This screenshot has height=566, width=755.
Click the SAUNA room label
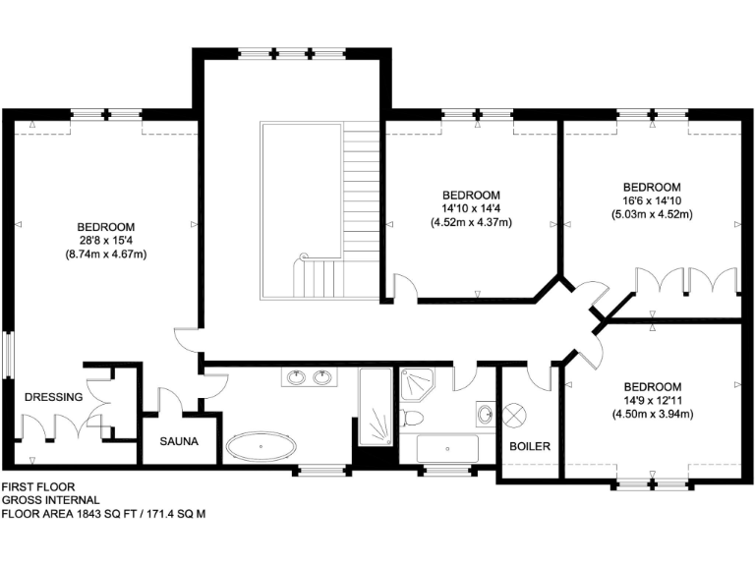pos(180,442)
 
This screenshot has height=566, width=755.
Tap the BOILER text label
pos(530,447)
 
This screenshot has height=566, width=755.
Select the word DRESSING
pos(53,397)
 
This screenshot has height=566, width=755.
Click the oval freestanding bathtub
pos(261,447)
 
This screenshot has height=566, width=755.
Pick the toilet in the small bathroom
pos(413,418)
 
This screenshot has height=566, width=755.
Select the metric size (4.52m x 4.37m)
pos(471,222)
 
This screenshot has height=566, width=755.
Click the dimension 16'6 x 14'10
pos(651,200)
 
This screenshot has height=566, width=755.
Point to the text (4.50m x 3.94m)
pos(652,414)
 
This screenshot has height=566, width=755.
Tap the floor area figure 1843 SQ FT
pos(105,514)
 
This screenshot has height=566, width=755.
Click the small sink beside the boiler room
pos(485,414)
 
